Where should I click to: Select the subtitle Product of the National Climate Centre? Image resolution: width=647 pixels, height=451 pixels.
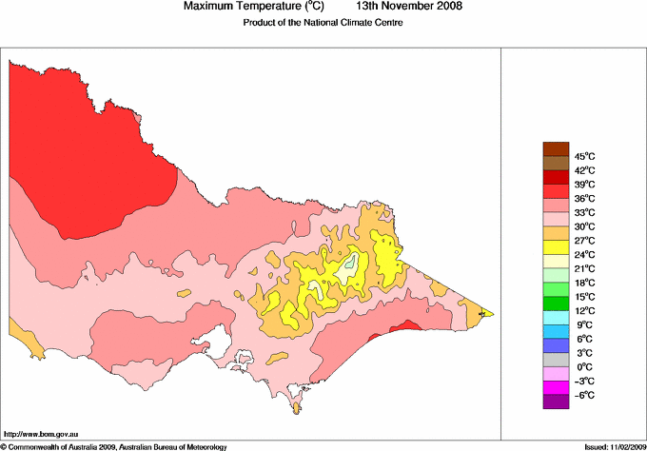[x=323, y=22]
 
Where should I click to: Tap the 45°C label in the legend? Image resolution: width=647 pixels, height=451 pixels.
[x=584, y=156]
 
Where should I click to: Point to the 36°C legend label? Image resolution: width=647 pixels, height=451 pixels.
[x=584, y=198]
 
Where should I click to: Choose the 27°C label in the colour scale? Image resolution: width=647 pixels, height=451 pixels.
[x=584, y=241]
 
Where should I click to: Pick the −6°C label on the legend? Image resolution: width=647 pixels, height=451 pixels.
[x=584, y=395]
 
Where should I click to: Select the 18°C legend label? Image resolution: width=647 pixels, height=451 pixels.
[x=584, y=283]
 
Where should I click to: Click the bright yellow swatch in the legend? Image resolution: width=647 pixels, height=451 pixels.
[x=555, y=247]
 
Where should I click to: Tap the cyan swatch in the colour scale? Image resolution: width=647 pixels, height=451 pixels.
[x=555, y=318]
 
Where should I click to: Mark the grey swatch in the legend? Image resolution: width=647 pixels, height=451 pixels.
[x=555, y=360]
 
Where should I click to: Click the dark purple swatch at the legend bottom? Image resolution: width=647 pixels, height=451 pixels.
[x=555, y=402]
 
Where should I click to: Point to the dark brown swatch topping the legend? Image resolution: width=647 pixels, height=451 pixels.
[x=555, y=149]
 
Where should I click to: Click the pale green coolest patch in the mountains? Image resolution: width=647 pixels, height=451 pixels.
[x=352, y=264]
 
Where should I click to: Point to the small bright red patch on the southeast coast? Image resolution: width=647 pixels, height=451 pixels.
[x=405, y=325]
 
